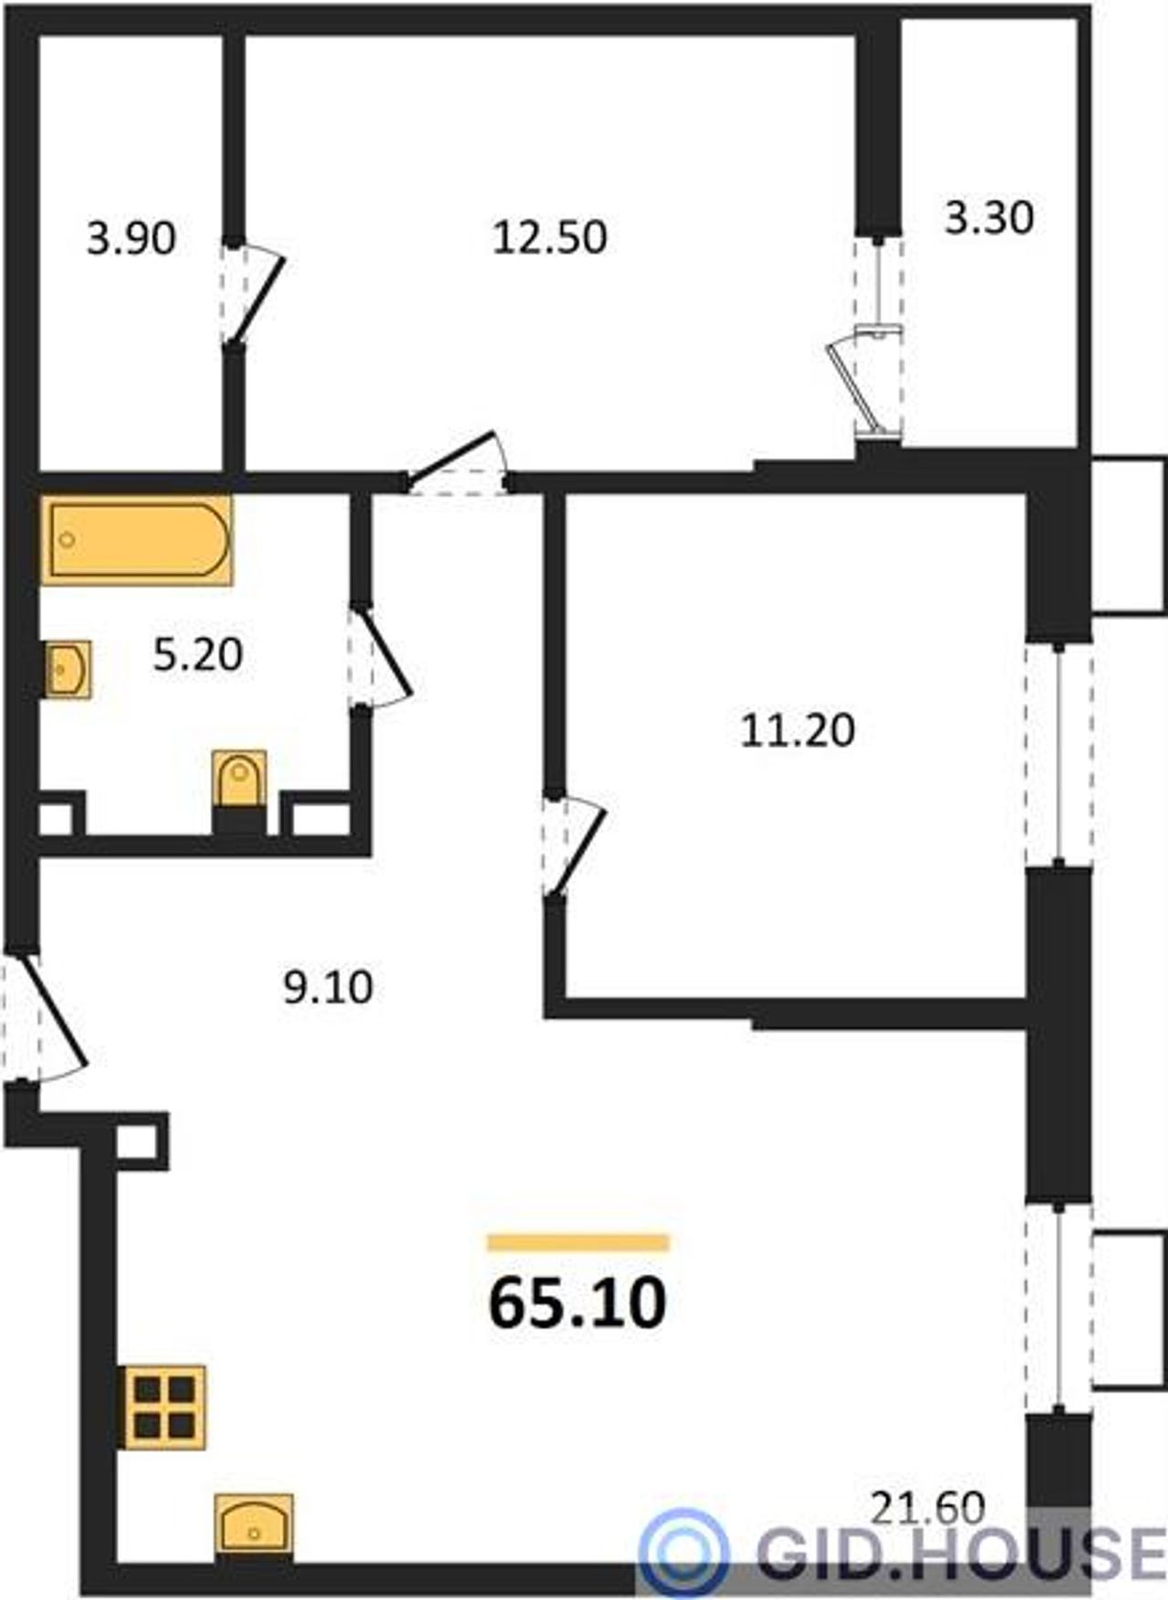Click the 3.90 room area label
coord(131,239)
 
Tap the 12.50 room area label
coord(550,237)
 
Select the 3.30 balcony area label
coord(989,218)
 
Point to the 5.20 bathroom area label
coord(198,655)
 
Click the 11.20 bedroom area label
coord(798,731)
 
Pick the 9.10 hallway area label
coord(328,988)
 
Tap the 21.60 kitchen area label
coord(928,1508)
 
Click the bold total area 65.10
coord(579,1304)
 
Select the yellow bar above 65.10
coord(579,1242)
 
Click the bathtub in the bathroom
coord(136,540)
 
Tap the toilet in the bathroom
coord(239,780)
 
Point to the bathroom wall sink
coord(68,670)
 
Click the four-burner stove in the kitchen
coord(164,1407)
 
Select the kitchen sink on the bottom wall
coord(255,1522)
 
